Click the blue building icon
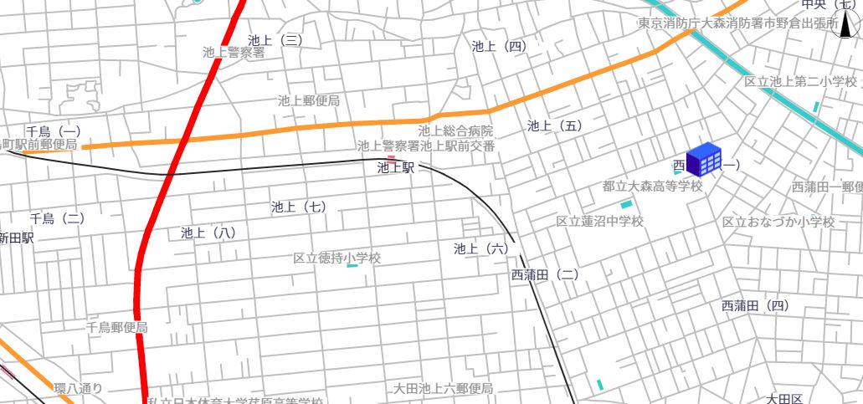click(x=703, y=159)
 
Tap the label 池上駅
click(x=396, y=167)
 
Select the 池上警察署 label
click(x=234, y=53)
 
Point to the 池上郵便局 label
click(x=309, y=100)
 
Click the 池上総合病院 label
click(x=455, y=131)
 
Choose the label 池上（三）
click(x=275, y=39)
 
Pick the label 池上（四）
click(x=499, y=46)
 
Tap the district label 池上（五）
click(x=554, y=125)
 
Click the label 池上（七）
click(x=299, y=207)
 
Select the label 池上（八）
click(x=208, y=233)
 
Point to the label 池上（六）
click(x=481, y=248)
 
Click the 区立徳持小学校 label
click(x=336, y=258)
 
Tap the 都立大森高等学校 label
click(x=652, y=186)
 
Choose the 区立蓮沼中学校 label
click(x=599, y=222)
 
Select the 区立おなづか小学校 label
click(x=778, y=222)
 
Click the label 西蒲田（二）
click(x=544, y=274)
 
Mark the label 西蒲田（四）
click(x=755, y=306)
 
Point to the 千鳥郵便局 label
click(x=116, y=328)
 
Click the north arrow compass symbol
click(x=846, y=28)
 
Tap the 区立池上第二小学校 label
click(x=801, y=81)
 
